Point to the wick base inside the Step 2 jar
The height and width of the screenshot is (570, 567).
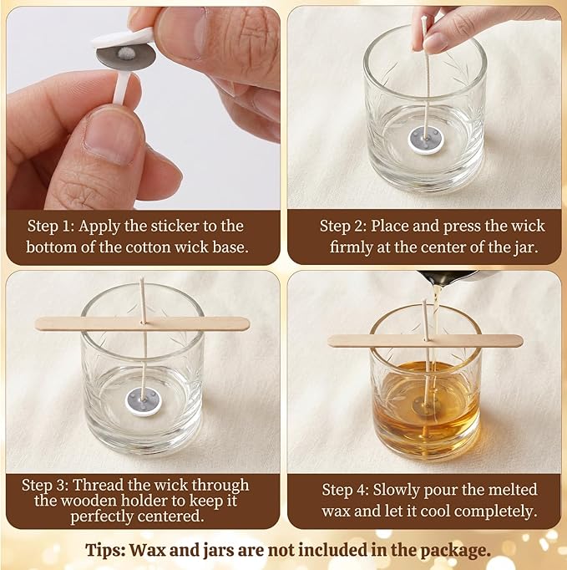[x=422, y=140]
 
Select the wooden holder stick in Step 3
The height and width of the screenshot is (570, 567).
[x=142, y=323]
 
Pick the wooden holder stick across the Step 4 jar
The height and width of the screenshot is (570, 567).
[x=424, y=340]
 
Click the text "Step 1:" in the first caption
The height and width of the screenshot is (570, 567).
[x=51, y=226]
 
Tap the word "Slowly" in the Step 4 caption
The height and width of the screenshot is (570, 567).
[x=397, y=490]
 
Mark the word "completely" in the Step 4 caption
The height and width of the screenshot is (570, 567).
[x=496, y=511]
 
